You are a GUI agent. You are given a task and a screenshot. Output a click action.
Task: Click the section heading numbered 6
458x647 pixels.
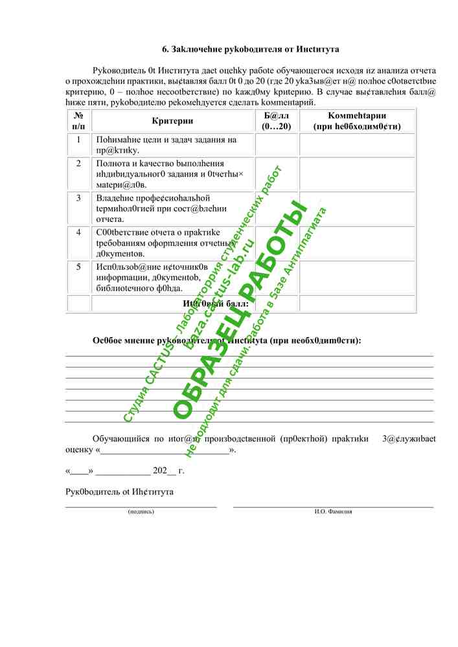[250, 49]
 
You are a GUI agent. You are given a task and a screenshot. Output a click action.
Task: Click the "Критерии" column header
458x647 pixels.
[172, 121]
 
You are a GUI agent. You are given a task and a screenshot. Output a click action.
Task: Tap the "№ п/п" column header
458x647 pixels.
[78, 121]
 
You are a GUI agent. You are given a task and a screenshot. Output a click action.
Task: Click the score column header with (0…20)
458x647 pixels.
[277, 121]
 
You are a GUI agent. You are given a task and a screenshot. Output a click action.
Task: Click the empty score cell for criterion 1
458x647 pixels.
[277, 145]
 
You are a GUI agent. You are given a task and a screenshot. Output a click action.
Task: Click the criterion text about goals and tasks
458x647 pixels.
[166, 145]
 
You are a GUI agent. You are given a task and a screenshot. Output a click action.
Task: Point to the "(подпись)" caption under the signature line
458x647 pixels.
[141, 511]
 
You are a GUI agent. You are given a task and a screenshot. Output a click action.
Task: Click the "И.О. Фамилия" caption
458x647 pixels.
[334, 511]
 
